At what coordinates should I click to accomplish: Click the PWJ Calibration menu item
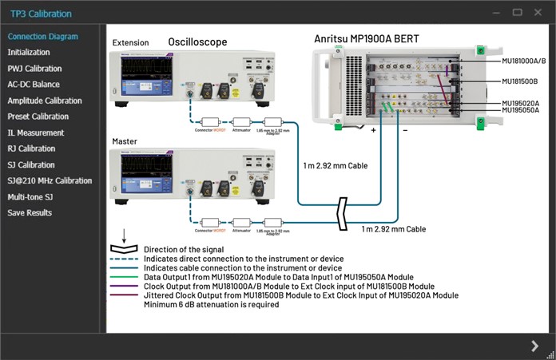tap(34, 69)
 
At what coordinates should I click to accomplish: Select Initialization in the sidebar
tap(29, 53)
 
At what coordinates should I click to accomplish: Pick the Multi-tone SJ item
tap(30, 196)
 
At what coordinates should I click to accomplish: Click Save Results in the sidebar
tap(30, 212)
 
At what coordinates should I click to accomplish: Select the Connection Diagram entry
tap(42, 37)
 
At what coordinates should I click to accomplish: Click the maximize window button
tap(517, 13)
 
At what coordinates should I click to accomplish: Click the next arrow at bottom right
tap(534, 345)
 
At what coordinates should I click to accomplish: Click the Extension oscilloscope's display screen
tap(140, 76)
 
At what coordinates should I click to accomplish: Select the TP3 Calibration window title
tap(41, 14)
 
